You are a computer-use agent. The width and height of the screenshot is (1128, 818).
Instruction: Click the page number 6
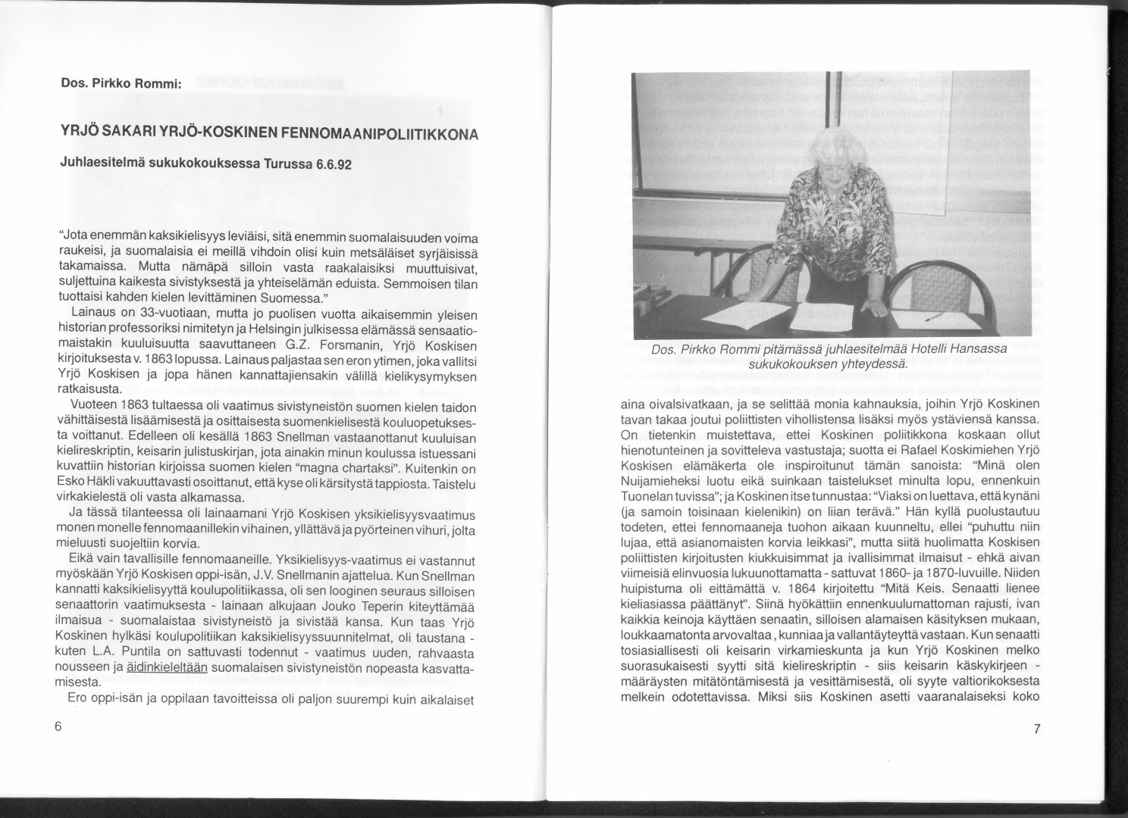(58, 724)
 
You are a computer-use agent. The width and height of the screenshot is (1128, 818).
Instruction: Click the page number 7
(1037, 729)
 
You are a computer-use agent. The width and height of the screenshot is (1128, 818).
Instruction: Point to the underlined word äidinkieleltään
(167, 667)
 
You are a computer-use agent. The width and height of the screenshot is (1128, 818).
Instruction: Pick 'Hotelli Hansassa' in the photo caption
(955, 349)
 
